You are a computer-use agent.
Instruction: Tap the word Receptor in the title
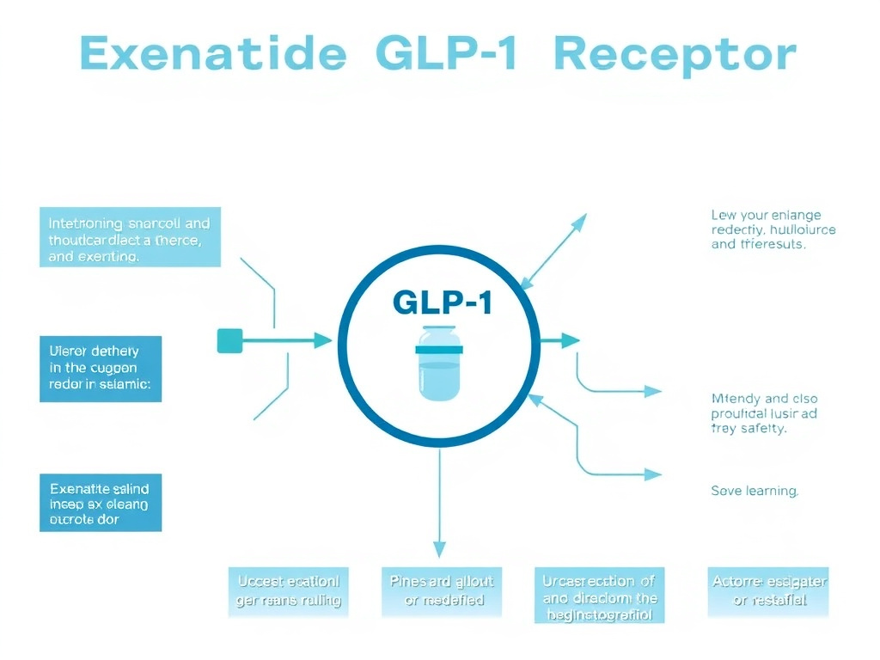pos(675,55)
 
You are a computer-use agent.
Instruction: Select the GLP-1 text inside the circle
pos(442,302)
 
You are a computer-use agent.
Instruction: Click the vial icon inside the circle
pos(440,364)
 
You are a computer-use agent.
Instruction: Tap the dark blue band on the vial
pos(440,349)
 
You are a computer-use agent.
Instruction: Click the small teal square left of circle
pos(229,341)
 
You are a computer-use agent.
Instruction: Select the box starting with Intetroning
pos(130,236)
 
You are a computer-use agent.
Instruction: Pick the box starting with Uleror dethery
pos(100,369)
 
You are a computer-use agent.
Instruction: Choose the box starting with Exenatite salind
pos(100,502)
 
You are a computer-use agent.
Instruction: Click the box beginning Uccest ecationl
pos(289,591)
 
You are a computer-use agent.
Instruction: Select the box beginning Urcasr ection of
pos(600,595)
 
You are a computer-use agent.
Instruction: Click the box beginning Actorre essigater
pos(769,591)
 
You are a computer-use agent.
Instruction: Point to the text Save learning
pos(755,491)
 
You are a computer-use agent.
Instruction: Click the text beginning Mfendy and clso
pos(764,413)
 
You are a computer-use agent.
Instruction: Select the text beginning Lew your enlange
pos(773,229)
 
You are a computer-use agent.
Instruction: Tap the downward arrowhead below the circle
pos(440,549)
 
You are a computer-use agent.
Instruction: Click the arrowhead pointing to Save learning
pos(653,474)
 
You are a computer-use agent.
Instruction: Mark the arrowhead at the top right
pos(578,222)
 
